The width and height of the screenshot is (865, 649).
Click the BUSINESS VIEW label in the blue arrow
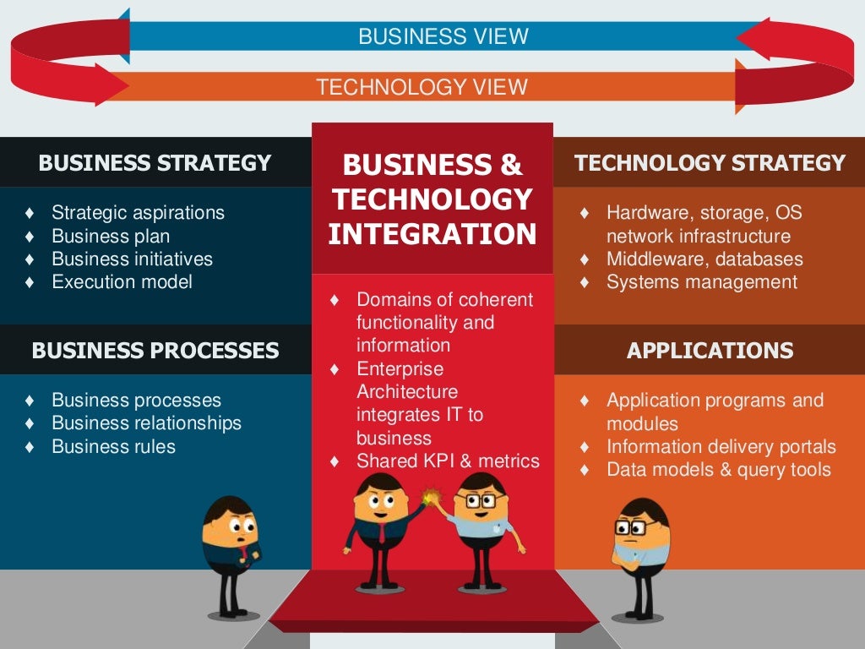pos(443,36)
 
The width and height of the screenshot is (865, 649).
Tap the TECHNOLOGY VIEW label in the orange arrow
pos(422,87)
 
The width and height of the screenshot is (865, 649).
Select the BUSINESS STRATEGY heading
pos(155,163)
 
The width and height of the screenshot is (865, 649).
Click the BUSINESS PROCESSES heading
pos(155,350)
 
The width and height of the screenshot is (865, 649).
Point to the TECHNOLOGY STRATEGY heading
pos(710,163)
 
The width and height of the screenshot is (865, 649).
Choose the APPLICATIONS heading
pos(710,350)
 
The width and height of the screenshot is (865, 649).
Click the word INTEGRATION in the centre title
pos(432,234)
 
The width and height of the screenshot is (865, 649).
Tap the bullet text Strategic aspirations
pos(138,212)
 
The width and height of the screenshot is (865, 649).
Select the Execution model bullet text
pos(122,281)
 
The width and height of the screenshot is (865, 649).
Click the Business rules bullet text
pos(113,446)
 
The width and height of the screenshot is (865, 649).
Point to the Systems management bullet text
pos(701,281)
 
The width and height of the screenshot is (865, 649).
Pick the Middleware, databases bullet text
pos(705,259)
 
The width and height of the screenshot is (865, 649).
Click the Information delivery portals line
pos(721,446)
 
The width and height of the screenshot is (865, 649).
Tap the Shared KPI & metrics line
pos(448,461)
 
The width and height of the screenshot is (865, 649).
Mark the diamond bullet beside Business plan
pos(30,236)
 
